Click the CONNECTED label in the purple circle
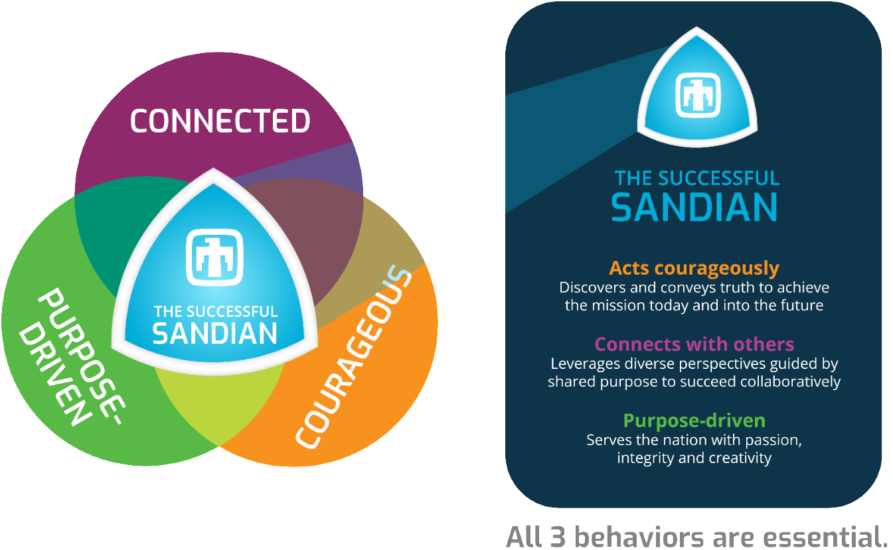pyautogui.click(x=220, y=121)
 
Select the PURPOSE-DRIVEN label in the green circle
pyautogui.click(x=72, y=356)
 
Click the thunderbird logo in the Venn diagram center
pyautogui.click(x=214, y=257)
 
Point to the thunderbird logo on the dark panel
pyautogui.click(x=697, y=95)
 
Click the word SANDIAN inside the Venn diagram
pyautogui.click(x=215, y=334)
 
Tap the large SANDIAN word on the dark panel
pyautogui.click(x=694, y=207)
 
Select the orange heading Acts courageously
pyautogui.click(x=694, y=268)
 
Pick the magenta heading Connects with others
pyautogui.click(x=694, y=344)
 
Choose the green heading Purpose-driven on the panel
pyautogui.click(x=694, y=421)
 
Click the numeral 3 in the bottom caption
pyautogui.click(x=558, y=537)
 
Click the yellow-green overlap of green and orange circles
pyautogui.click(x=218, y=402)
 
